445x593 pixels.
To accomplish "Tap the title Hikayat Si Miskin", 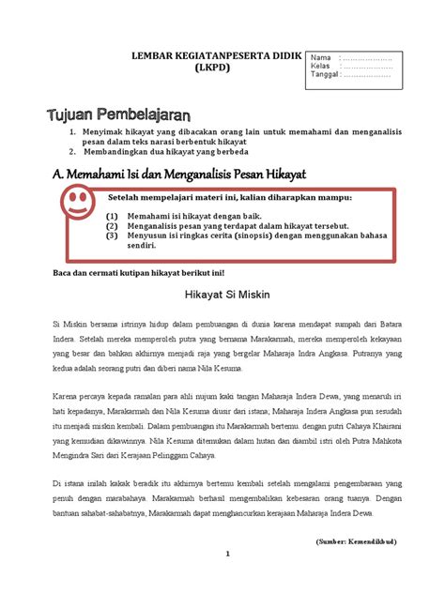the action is click(222, 292).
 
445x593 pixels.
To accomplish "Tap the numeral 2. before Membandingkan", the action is click(72, 152).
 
